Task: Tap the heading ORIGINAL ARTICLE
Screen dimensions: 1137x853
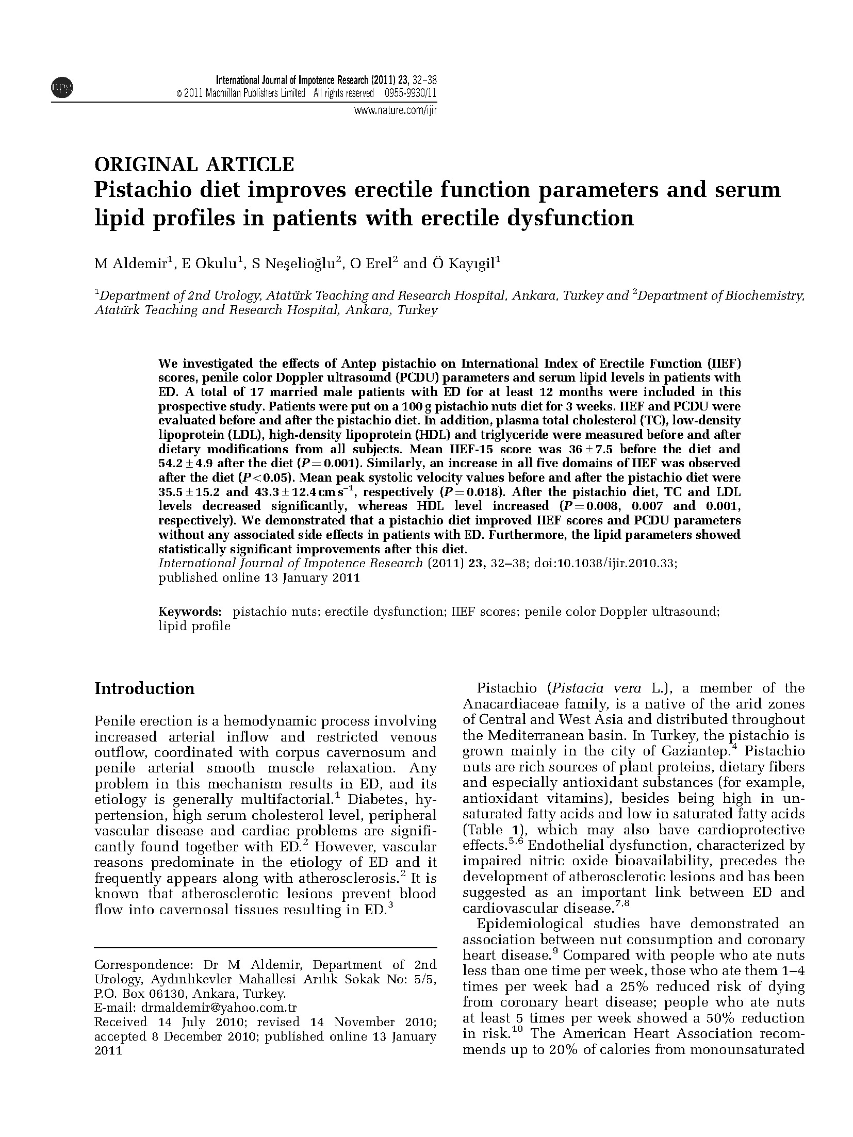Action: pyautogui.click(x=194, y=164)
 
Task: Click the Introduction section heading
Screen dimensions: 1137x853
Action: pyautogui.click(x=144, y=689)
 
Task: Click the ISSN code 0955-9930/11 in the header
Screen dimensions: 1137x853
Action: pyautogui.click(x=411, y=93)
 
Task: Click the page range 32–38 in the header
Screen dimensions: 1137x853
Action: pyautogui.click(x=424, y=80)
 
